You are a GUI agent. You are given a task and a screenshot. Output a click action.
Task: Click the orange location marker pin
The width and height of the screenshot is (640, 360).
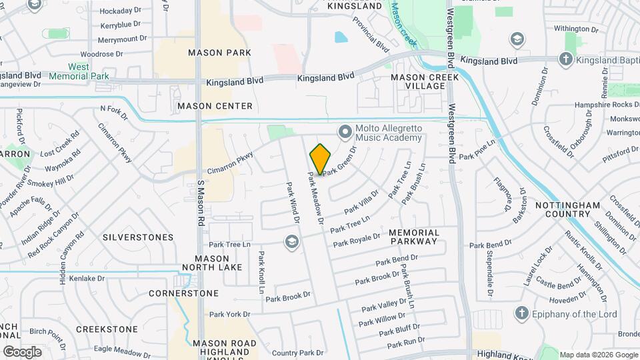[320, 159]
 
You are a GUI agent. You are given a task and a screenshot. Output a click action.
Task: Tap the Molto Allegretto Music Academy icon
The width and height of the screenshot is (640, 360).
[345, 131]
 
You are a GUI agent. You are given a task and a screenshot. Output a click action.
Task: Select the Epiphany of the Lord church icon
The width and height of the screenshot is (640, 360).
[522, 313]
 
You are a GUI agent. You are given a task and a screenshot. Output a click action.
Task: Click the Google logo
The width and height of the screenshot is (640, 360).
[22, 351]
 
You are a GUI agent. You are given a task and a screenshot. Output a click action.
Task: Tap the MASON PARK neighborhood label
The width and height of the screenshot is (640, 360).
[219, 52]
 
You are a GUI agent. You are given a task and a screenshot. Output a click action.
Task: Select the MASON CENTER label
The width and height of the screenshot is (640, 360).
[215, 106]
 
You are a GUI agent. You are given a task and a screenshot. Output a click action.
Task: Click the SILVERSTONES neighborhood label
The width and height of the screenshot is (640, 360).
[138, 237]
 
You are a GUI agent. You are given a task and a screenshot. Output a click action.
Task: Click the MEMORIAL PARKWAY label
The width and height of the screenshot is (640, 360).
[414, 237]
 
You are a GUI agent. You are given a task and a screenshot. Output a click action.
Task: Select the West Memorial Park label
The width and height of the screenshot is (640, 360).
[88, 71]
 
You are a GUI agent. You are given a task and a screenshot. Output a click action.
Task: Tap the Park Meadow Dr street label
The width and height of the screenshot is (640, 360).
[315, 199]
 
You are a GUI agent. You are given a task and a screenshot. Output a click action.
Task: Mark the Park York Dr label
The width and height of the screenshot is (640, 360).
[229, 314]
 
